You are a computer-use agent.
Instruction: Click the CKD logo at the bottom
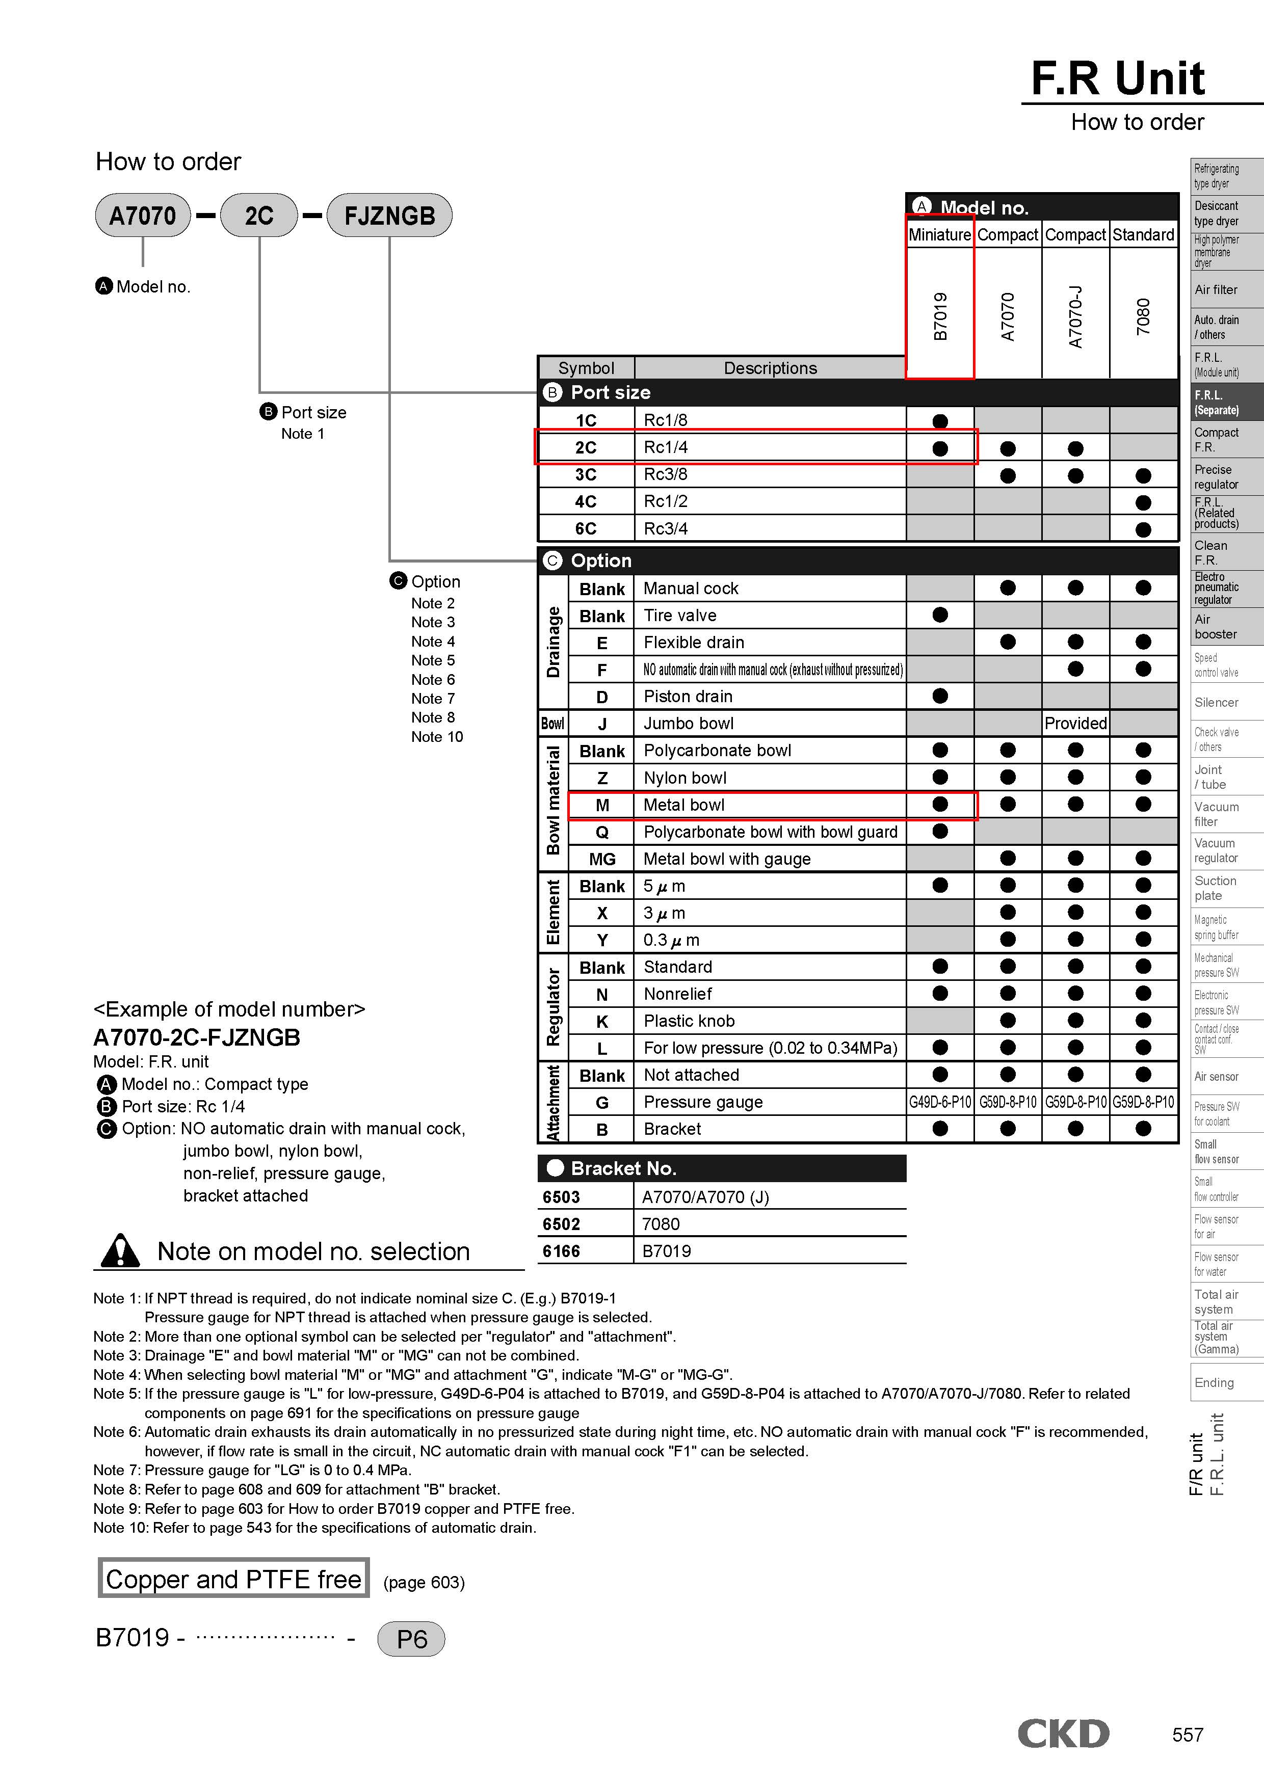point(1063,1733)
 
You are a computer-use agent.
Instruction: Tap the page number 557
point(1187,1735)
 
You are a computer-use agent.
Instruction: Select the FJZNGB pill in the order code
point(389,216)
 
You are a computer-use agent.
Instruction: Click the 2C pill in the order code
point(259,216)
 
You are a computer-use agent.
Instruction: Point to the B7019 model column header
point(940,316)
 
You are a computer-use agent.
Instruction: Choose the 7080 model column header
point(1143,316)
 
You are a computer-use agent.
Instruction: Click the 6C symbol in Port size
point(586,529)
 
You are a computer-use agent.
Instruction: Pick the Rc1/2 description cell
point(666,501)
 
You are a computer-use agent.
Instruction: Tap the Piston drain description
point(688,696)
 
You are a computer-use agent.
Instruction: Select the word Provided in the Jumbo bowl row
point(1075,724)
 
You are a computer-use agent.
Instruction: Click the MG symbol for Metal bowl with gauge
point(602,859)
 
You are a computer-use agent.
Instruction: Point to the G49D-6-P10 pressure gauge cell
point(940,1102)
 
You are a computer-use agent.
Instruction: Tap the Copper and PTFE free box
point(233,1579)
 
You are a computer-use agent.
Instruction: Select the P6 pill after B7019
point(411,1639)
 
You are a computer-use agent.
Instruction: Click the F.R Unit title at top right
point(1118,78)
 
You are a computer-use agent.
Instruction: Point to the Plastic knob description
point(689,1021)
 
